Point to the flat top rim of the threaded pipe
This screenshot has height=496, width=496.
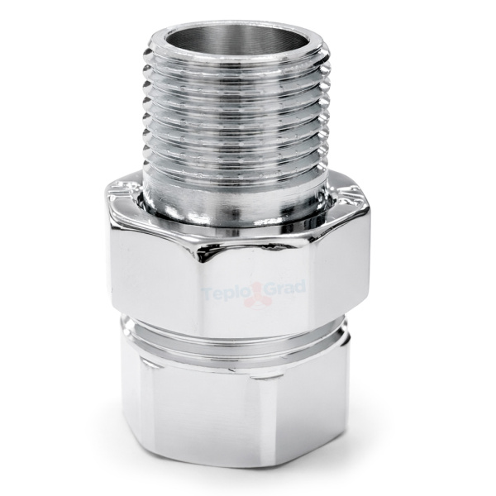tap(241, 54)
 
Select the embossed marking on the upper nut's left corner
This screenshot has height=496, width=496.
tap(122, 190)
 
